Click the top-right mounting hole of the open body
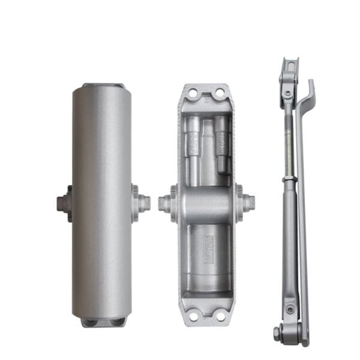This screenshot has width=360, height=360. (x=220, y=92)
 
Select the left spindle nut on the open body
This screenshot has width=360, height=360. (x=165, y=203)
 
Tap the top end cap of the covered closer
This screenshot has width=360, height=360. (x=103, y=87)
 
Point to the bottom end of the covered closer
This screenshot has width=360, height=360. (x=103, y=322)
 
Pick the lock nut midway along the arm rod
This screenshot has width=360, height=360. (x=289, y=179)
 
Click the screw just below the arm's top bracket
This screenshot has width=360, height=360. (x=289, y=94)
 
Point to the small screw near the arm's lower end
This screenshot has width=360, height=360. (x=290, y=310)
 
